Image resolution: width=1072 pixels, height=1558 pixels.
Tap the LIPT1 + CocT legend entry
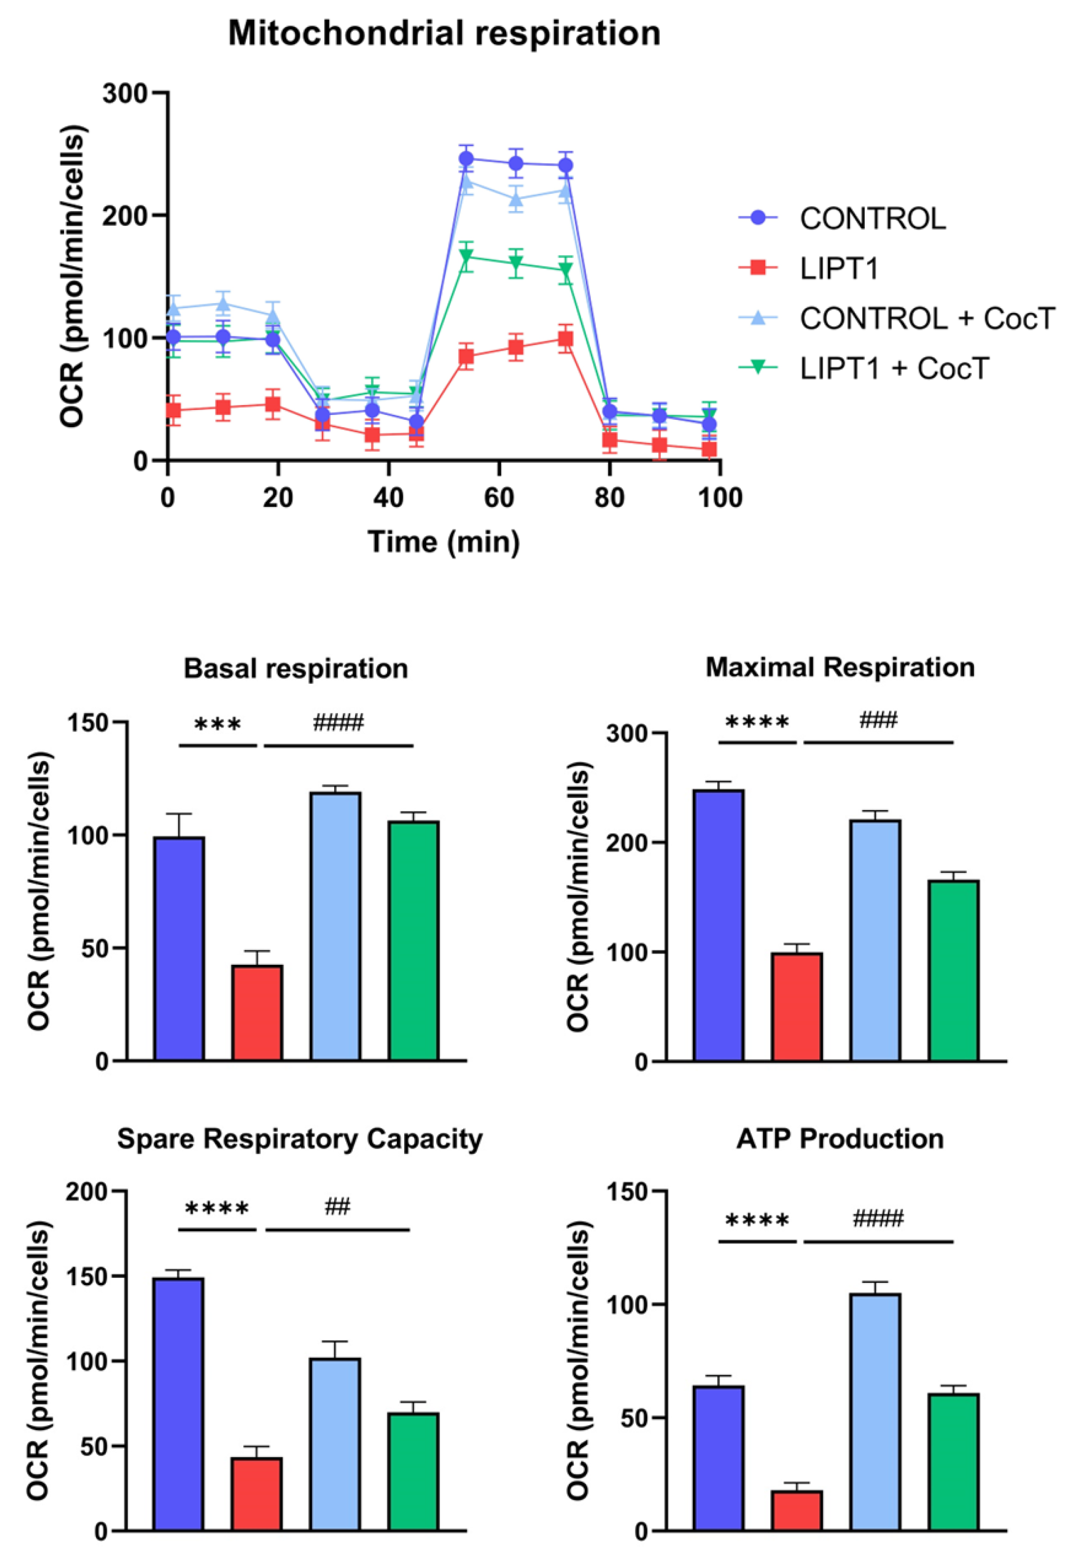893,368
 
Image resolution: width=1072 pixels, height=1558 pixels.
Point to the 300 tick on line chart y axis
124,94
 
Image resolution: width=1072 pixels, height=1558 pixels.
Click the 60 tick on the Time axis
499,498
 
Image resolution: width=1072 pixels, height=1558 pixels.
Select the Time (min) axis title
444,542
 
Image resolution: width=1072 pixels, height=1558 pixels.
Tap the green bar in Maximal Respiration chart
953,971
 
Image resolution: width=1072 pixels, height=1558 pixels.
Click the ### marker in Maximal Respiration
878,721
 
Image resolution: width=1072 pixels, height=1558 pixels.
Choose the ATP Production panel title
840,1139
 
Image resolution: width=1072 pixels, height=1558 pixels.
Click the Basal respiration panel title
295,669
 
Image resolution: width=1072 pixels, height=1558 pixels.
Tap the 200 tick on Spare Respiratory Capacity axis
87,1192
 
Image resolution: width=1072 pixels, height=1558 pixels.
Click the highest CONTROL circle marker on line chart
466,159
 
